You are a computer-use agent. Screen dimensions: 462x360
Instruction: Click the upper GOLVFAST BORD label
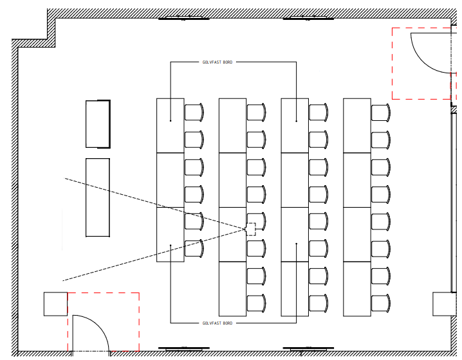tap(217, 62)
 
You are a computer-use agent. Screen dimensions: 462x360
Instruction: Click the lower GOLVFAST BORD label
tap(217, 323)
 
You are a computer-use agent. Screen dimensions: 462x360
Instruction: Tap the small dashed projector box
tap(250, 229)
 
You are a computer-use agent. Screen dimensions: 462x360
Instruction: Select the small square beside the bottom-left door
tap(56, 304)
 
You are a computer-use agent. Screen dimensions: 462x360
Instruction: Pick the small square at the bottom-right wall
tap(445, 304)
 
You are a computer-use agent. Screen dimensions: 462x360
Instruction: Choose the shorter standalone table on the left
tap(98, 124)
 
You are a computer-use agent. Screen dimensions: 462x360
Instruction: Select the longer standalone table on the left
tap(98, 197)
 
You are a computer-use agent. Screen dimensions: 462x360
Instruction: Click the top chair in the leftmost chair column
tap(194, 112)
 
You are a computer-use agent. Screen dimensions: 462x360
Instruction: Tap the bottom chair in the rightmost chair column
tap(381, 303)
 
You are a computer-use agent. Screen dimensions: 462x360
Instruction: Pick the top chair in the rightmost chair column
tap(381, 112)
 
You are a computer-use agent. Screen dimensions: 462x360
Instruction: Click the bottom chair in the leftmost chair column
tap(194, 248)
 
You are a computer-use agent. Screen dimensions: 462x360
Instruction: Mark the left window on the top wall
tap(184, 17)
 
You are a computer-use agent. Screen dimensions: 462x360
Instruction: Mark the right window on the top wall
tap(308, 17)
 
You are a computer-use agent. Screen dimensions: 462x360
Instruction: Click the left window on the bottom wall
tap(184, 349)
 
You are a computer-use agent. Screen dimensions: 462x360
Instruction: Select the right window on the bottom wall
tap(308, 349)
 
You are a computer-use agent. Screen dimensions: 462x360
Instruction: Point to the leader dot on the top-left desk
tap(171, 121)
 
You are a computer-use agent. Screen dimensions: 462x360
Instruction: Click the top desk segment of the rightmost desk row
tap(357, 126)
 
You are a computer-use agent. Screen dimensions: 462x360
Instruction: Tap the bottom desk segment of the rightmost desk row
tap(357, 289)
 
